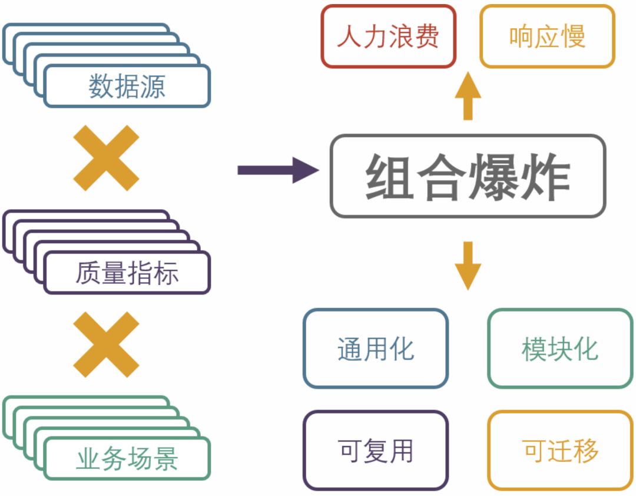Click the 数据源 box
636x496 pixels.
[x=127, y=86]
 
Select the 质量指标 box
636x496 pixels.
[x=127, y=273]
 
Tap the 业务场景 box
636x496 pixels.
[x=127, y=459]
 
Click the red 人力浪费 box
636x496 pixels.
[x=389, y=37]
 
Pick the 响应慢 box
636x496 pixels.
[x=547, y=37]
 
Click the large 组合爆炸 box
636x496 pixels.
[x=468, y=176]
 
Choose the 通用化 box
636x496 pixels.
[x=376, y=348]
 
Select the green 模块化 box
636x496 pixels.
[x=560, y=348]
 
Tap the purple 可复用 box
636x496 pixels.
[x=376, y=451]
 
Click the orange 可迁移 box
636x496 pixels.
[x=560, y=451]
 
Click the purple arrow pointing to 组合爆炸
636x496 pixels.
[x=277, y=170]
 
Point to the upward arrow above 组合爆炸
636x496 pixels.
[x=468, y=95]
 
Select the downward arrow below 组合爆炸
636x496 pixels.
[x=468, y=265]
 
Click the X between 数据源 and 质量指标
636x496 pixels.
[x=106, y=158]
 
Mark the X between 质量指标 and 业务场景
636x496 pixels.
[x=106, y=344]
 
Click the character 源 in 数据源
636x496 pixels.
[x=153, y=87]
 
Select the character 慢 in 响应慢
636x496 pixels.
[x=573, y=37]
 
